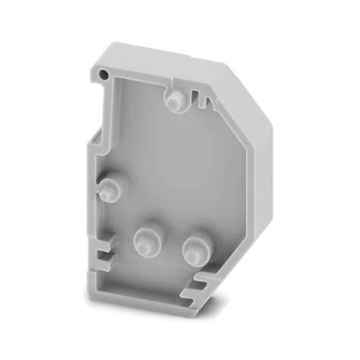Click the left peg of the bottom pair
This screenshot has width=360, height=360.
pyautogui.click(x=143, y=242)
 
